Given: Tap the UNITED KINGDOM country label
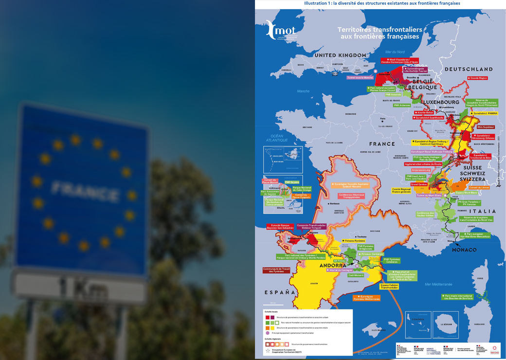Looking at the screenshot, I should (x=340, y=55).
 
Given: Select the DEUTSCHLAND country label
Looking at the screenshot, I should (x=469, y=70).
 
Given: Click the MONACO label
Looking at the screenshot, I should (x=464, y=250).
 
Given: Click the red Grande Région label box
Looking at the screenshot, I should (x=478, y=78).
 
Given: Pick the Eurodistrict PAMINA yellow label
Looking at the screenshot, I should (x=484, y=113).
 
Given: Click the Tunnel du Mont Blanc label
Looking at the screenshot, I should (x=429, y=196).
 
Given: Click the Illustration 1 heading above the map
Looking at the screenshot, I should (x=382, y=3).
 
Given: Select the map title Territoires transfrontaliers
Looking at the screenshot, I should (x=380, y=33).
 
